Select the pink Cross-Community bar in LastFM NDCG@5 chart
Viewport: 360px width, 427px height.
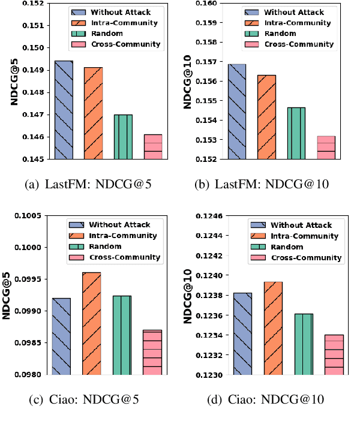tap(153, 147)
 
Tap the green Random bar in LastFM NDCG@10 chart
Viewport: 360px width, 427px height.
tap(296, 133)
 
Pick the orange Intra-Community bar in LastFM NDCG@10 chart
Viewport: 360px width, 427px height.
tap(266, 117)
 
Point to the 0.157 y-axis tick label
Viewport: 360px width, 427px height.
tap(214, 62)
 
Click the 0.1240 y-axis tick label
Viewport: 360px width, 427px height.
tap(212, 276)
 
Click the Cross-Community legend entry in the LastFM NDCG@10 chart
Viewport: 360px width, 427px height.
tap(299, 44)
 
